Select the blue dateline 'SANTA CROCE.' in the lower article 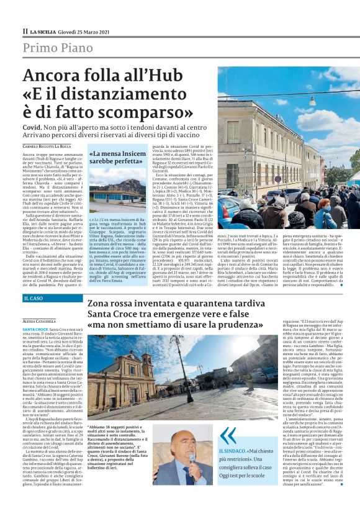36,328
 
